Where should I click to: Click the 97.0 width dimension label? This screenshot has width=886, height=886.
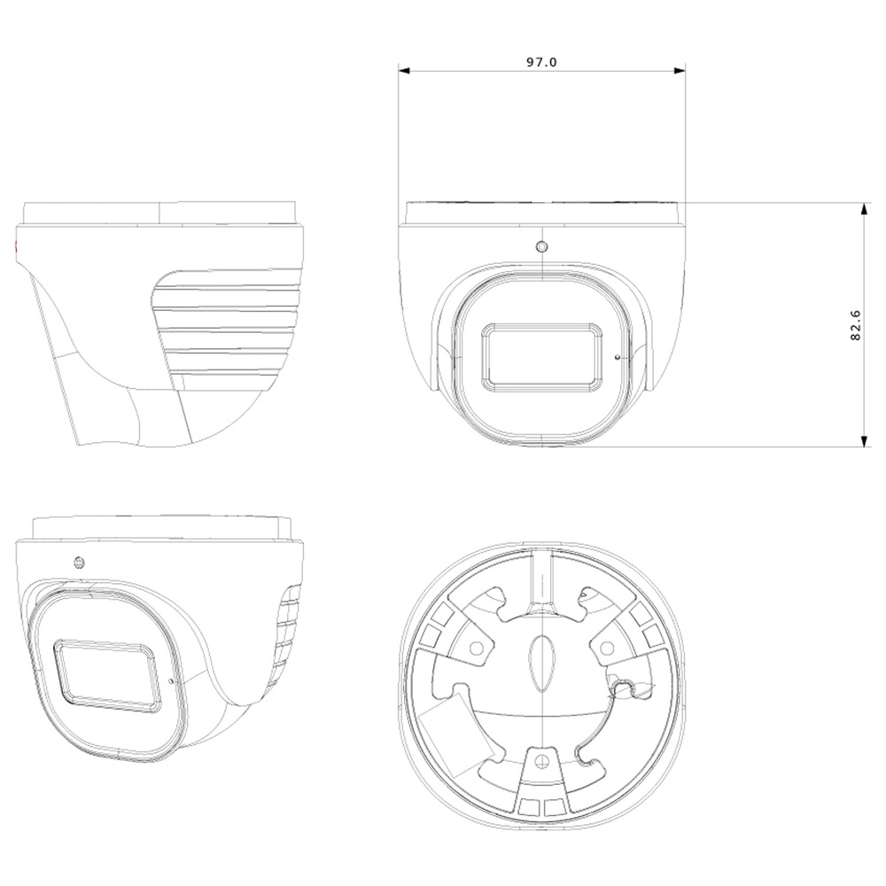pyautogui.click(x=541, y=62)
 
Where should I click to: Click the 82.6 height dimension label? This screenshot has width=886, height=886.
pyautogui.click(x=856, y=325)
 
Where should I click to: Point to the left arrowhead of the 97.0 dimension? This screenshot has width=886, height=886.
pyautogui.click(x=403, y=71)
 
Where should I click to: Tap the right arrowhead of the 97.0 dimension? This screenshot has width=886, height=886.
pyautogui.click(x=680, y=71)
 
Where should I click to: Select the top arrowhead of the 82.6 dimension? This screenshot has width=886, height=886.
pyautogui.click(x=863, y=209)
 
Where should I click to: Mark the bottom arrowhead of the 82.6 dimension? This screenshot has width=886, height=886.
pyautogui.click(x=863, y=440)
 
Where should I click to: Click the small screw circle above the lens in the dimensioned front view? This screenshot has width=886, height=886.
pyautogui.click(x=542, y=247)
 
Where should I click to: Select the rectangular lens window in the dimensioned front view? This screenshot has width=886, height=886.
pyautogui.click(x=542, y=357)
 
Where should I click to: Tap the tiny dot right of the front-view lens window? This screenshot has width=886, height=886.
pyautogui.click(x=617, y=356)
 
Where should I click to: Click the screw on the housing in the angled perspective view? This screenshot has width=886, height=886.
pyautogui.click(x=79, y=563)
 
